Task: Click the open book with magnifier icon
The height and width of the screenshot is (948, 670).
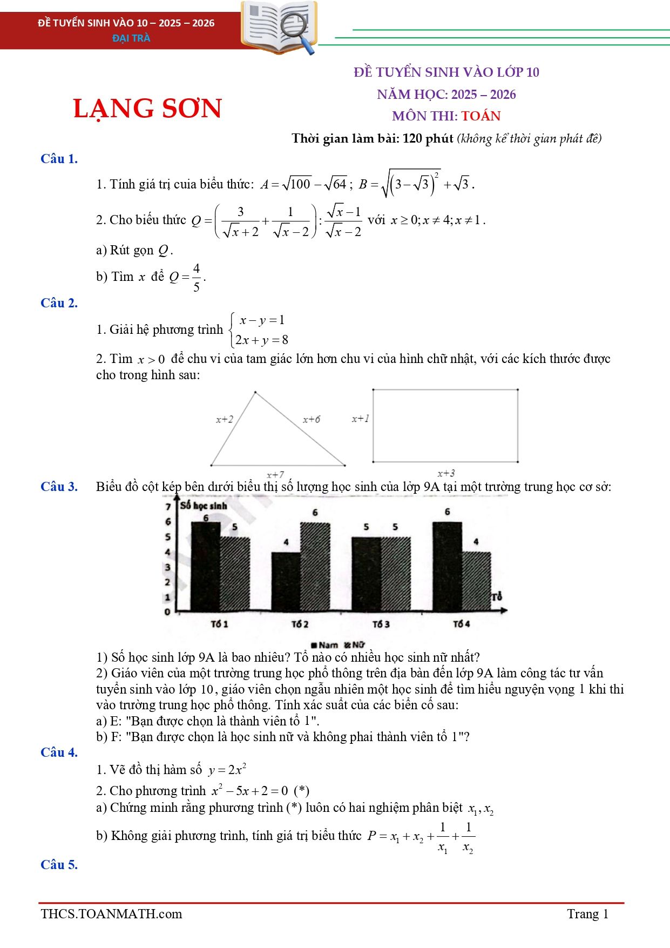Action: coord(279,27)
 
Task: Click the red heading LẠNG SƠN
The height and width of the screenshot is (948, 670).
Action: coord(147,108)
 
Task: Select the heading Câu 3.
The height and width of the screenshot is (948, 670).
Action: coord(59,487)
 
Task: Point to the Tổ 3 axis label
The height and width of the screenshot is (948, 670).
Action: coord(381,624)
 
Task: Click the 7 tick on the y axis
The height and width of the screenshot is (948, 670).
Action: coord(168,507)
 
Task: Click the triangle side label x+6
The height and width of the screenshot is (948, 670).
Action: coord(312,419)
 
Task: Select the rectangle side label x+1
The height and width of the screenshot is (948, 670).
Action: coord(360,419)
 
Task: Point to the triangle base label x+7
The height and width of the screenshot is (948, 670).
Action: coord(275,475)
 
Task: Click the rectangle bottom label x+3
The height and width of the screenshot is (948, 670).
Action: coord(446,474)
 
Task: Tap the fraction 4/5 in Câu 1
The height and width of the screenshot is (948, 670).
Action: coord(197,277)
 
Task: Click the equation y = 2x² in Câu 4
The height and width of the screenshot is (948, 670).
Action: coord(227,770)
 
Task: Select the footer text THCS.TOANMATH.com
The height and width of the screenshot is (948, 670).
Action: coord(111,914)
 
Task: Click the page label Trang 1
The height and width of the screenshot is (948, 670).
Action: coord(587,914)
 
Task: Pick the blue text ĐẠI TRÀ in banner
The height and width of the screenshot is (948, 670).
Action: coord(131,38)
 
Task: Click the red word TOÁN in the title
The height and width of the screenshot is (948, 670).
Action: coord(481,116)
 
